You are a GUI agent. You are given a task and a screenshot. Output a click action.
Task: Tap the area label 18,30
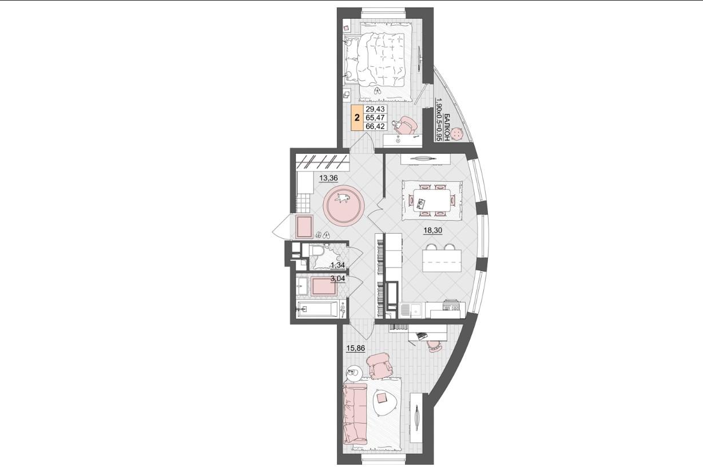coord(433,230)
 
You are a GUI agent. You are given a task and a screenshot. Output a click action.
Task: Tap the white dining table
coord(432,200)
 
